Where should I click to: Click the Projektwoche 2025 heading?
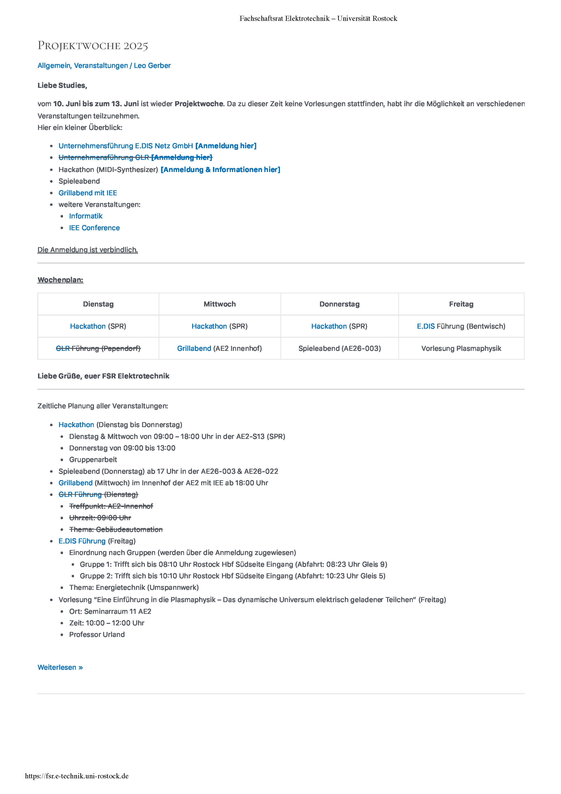click(93, 46)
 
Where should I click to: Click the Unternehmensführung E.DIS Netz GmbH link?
click(125, 146)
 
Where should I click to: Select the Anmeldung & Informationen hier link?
click(220, 170)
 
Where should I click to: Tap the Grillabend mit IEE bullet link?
click(88, 193)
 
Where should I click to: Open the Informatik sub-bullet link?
click(86, 216)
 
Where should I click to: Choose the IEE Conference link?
click(94, 228)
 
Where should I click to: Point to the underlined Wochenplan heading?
click(60, 280)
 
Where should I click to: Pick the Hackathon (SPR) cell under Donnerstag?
click(339, 326)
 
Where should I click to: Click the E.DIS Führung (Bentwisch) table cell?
click(461, 326)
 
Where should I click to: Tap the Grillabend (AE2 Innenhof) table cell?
click(220, 349)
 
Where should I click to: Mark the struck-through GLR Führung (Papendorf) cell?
click(98, 349)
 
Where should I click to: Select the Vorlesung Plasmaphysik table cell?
click(461, 349)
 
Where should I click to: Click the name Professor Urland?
click(97, 635)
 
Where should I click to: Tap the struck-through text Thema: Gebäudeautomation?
click(116, 529)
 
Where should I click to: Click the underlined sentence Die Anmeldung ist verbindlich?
click(87, 250)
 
